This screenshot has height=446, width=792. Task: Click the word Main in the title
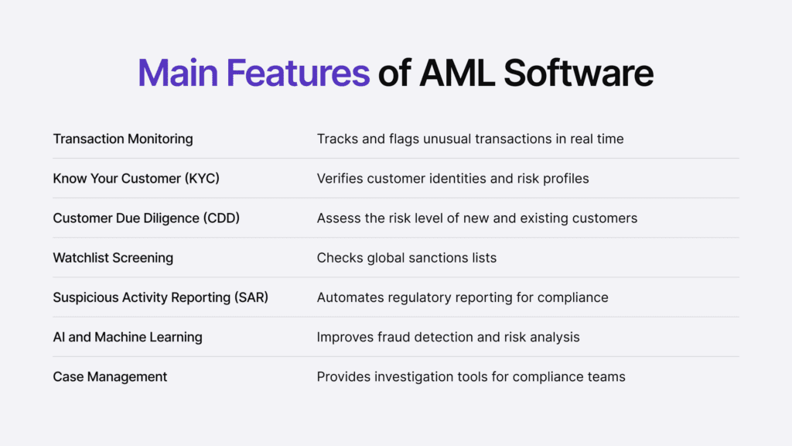point(176,74)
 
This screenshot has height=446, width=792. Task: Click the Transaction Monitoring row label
point(123,139)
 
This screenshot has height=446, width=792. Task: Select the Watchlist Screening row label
point(113,258)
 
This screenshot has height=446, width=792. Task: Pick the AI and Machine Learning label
point(128,337)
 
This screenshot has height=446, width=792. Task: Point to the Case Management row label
point(110,377)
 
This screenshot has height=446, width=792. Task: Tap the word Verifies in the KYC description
point(340,179)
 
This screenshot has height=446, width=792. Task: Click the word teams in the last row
point(607,377)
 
